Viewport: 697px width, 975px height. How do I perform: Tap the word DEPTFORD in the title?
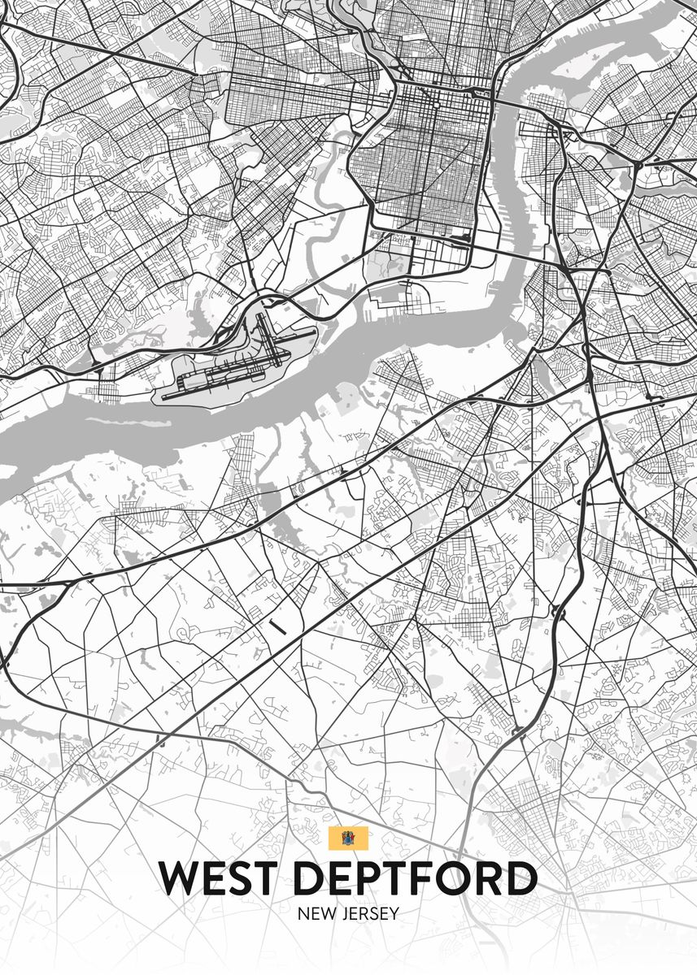point(416,879)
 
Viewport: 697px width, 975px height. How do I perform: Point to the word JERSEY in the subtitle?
point(369,914)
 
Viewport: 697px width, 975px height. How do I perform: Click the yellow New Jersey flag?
point(348,838)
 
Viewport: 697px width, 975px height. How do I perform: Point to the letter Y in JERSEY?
point(394,914)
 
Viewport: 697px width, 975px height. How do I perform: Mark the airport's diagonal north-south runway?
point(271,340)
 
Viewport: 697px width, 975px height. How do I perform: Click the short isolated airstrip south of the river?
point(277,627)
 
